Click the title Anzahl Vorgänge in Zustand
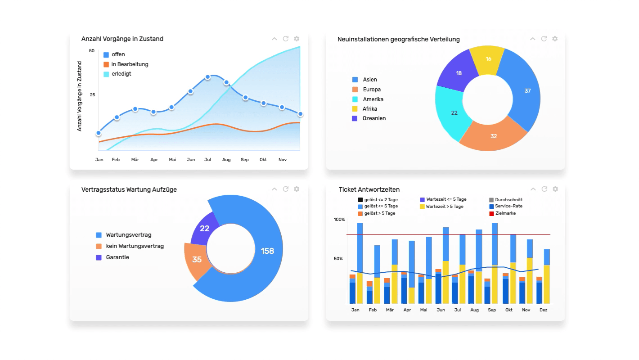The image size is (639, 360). tap(122, 39)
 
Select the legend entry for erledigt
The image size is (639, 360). tap(121, 74)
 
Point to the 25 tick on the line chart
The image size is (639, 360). tap(92, 95)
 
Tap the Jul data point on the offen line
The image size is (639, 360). tap(207, 77)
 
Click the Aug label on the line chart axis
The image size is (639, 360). tap(226, 160)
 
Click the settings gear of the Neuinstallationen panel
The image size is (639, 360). tap(555, 39)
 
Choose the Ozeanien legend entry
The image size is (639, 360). tap(374, 118)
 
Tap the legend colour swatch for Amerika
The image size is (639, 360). tap(355, 99)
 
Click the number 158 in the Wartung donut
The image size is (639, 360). tap(267, 251)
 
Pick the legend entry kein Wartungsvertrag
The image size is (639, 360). tap(135, 246)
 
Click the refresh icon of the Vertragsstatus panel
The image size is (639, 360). tap(285, 189)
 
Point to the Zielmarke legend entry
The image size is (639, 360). tap(505, 213)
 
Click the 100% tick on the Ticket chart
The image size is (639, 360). tap(339, 220)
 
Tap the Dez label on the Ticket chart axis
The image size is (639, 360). tap(543, 310)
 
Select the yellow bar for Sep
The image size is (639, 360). tap(495, 284)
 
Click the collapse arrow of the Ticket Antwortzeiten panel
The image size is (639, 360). tap(533, 189)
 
